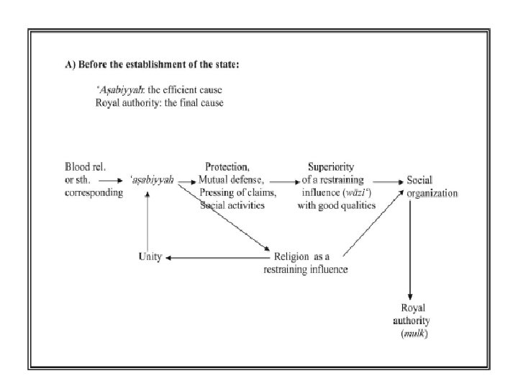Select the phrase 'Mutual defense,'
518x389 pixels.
(x=230, y=179)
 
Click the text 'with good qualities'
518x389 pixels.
(x=336, y=205)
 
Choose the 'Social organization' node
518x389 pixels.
(x=432, y=186)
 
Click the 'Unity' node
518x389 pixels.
(x=150, y=257)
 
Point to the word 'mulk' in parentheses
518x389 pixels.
(x=412, y=335)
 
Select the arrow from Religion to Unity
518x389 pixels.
(x=216, y=257)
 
